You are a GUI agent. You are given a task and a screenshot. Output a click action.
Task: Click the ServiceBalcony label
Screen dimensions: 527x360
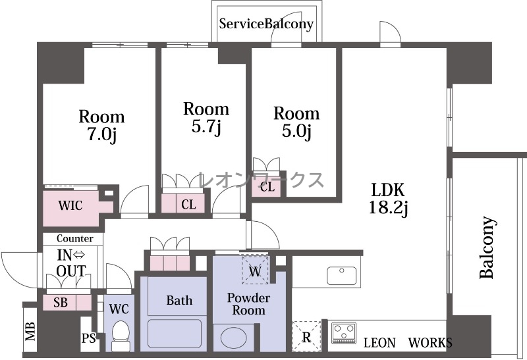[266, 24]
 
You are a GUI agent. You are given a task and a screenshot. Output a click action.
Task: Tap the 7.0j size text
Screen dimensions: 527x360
[102, 134]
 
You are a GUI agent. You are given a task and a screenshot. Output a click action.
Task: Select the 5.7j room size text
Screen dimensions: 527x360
[206, 126]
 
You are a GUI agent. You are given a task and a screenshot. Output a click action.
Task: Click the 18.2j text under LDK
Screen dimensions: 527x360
[388, 207]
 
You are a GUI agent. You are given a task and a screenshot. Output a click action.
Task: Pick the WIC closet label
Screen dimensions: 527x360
[70, 205]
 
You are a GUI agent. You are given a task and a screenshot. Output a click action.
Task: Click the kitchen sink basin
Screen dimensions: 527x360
[341, 275]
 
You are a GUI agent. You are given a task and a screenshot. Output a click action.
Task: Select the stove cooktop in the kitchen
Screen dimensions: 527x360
[344, 333]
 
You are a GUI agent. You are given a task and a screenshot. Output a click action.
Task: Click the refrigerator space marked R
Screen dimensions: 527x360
[306, 336]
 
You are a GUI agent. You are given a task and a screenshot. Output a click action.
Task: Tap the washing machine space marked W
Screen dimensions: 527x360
[255, 270]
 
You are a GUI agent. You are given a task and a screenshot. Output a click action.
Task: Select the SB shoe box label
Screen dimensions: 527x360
[61, 303]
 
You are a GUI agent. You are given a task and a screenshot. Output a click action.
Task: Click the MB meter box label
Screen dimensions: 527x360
[30, 331]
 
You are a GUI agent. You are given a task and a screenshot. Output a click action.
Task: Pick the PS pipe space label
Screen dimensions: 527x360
[89, 338]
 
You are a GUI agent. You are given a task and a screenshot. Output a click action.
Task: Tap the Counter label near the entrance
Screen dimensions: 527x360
[75, 238]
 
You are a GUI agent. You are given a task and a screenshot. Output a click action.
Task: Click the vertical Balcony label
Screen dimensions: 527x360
[487, 247]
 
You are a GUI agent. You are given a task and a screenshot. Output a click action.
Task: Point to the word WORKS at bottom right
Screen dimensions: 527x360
[430, 343]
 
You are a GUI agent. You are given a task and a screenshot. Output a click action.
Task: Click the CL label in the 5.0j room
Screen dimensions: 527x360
[267, 187]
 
